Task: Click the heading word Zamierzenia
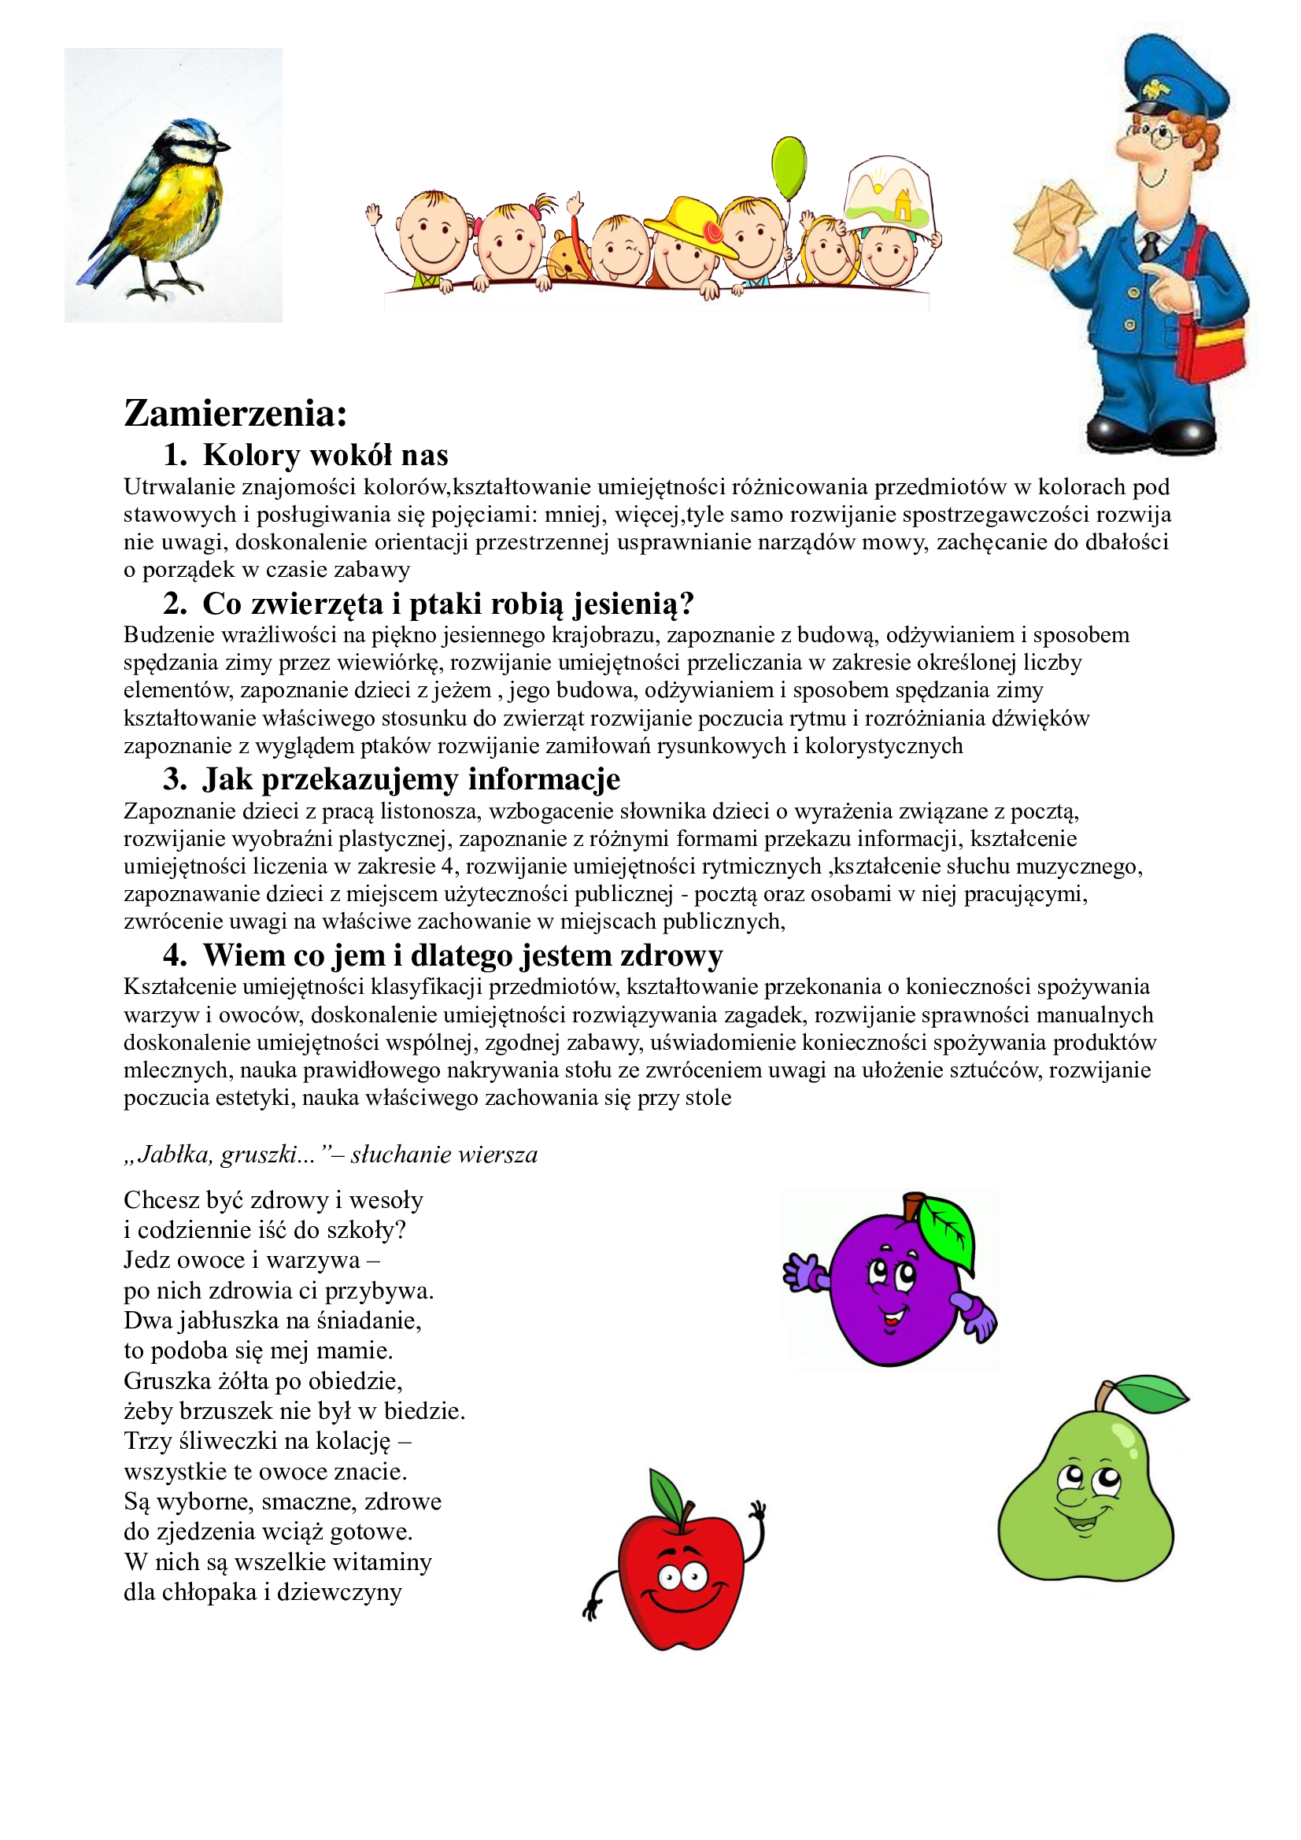tap(235, 413)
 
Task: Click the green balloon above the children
tap(789, 169)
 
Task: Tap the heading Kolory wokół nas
tap(324, 455)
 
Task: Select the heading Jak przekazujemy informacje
tap(411, 779)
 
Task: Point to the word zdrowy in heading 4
tap(670, 955)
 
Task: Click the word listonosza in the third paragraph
tap(430, 811)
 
